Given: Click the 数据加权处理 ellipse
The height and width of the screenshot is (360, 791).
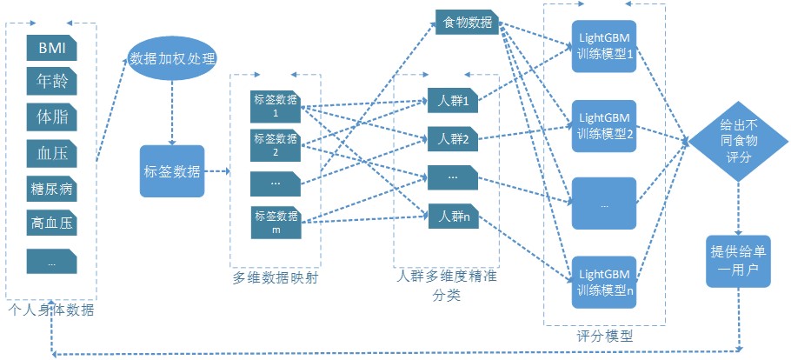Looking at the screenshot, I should coord(172,59).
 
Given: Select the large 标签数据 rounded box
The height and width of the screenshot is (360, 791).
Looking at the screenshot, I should coord(172,171).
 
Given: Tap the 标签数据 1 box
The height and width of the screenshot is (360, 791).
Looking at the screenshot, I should coord(275,105).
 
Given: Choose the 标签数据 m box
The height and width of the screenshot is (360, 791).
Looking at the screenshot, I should coord(275,222).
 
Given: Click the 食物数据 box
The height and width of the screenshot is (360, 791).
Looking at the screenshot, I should coord(467,22).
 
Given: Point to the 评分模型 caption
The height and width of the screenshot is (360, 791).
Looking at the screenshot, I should coord(604,335).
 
